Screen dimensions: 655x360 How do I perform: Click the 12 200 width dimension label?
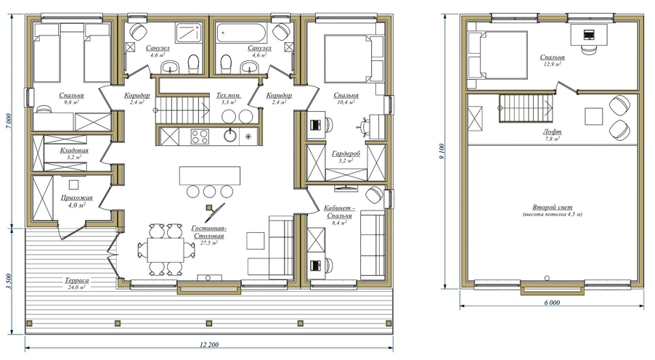tap(209, 345)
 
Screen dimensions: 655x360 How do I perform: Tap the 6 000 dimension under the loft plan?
tap(552, 303)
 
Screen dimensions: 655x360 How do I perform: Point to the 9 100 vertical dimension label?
tap(442, 152)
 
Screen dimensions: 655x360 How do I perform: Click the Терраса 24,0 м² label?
tap(77, 284)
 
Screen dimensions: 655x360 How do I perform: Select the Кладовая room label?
tap(74, 150)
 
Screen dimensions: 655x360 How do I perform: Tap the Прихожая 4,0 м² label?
tap(76, 201)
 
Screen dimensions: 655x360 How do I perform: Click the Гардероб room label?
tap(346, 154)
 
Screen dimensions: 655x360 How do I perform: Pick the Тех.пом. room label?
tap(229, 95)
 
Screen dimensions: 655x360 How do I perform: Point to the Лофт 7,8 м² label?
tap(552, 135)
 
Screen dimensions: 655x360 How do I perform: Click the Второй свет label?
tap(552, 207)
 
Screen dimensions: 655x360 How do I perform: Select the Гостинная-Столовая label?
tap(208, 232)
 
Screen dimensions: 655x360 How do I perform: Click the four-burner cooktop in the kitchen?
tap(200, 136)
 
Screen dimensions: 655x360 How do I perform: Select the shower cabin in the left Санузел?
tap(189, 33)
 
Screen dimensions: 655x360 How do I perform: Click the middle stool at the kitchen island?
tap(209, 192)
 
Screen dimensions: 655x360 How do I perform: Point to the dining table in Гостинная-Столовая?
tap(166, 250)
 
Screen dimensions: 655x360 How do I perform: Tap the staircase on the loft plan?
tap(526, 108)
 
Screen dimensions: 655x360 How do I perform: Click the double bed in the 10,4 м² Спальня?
tap(347, 58)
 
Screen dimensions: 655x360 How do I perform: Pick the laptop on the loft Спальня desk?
tap(589, 34)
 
